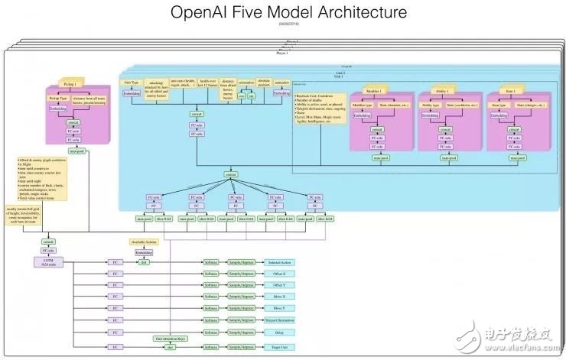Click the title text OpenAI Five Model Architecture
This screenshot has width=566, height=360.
tap(283, 13)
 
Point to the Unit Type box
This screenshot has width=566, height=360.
tap(132, 82)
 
